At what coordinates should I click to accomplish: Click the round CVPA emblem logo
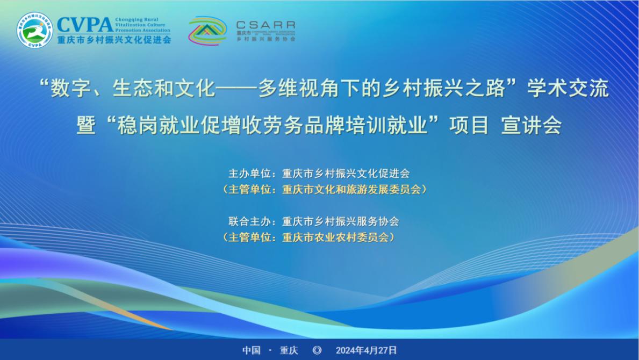pos(35,30)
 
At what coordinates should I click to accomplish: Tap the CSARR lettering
pos(265,25)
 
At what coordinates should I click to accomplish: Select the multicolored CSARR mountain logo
pos(207,31)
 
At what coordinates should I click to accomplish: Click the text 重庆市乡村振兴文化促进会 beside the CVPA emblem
pos(114,39)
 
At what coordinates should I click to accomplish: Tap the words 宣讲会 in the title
pos(531,126)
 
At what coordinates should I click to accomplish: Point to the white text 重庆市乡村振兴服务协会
pos(340,221)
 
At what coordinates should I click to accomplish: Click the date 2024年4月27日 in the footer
pos(367,350)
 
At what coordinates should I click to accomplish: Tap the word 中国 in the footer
pos(251,350)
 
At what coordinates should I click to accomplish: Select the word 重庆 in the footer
pos(289,350)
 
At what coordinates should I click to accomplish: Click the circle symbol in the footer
pos(317,350)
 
